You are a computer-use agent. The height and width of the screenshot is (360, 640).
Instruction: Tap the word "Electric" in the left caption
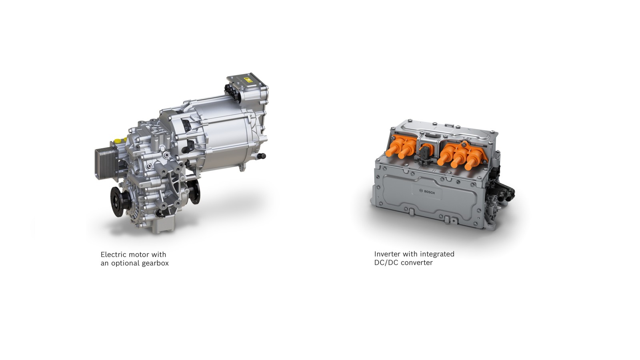[113, 254]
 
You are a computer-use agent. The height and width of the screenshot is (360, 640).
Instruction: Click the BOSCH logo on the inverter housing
[427, 192]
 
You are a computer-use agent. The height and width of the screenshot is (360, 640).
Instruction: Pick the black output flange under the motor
[195, 191]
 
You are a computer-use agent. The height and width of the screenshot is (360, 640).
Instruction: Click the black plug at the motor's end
[262, 156]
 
